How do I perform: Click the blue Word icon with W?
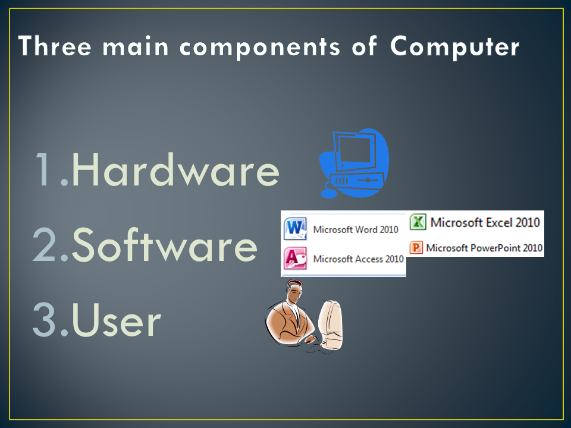(x=296, y=229)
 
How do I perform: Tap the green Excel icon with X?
(x=419, y=222)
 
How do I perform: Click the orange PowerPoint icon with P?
(x=417, y=247)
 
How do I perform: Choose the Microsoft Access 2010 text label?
(x=358, y=259)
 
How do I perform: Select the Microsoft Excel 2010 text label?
(x=485, y=222)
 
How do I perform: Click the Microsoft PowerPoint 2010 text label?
(x=484, y=247)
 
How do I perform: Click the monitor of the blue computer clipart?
(x=354, y=152)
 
